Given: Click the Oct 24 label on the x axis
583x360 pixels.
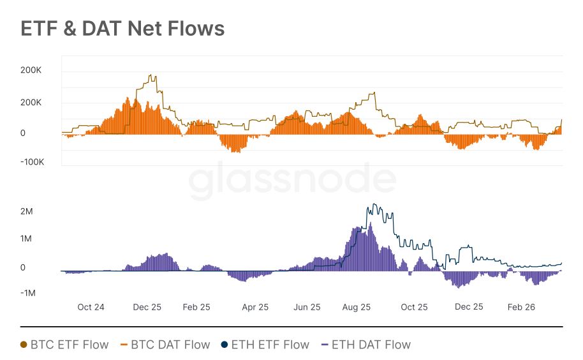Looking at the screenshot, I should [91, 307].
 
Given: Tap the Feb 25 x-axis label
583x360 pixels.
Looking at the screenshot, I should [196, 307].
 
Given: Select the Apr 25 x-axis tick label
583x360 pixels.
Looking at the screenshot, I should [255, 307].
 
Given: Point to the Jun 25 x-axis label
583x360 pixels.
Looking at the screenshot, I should [307, 307].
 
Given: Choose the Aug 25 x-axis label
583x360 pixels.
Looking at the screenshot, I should [357, 307].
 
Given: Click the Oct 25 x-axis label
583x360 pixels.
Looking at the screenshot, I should [414, 307].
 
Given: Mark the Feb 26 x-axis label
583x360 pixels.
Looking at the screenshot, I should [521, 307].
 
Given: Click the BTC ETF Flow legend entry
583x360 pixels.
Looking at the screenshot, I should [64, 345].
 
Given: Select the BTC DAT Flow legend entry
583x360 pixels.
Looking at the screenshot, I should [164, 345].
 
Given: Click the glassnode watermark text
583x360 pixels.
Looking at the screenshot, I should [291, 179].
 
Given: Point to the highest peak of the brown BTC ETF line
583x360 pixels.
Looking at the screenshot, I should [152, 75].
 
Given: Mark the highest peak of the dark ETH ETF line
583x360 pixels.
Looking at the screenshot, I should [375, 204].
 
